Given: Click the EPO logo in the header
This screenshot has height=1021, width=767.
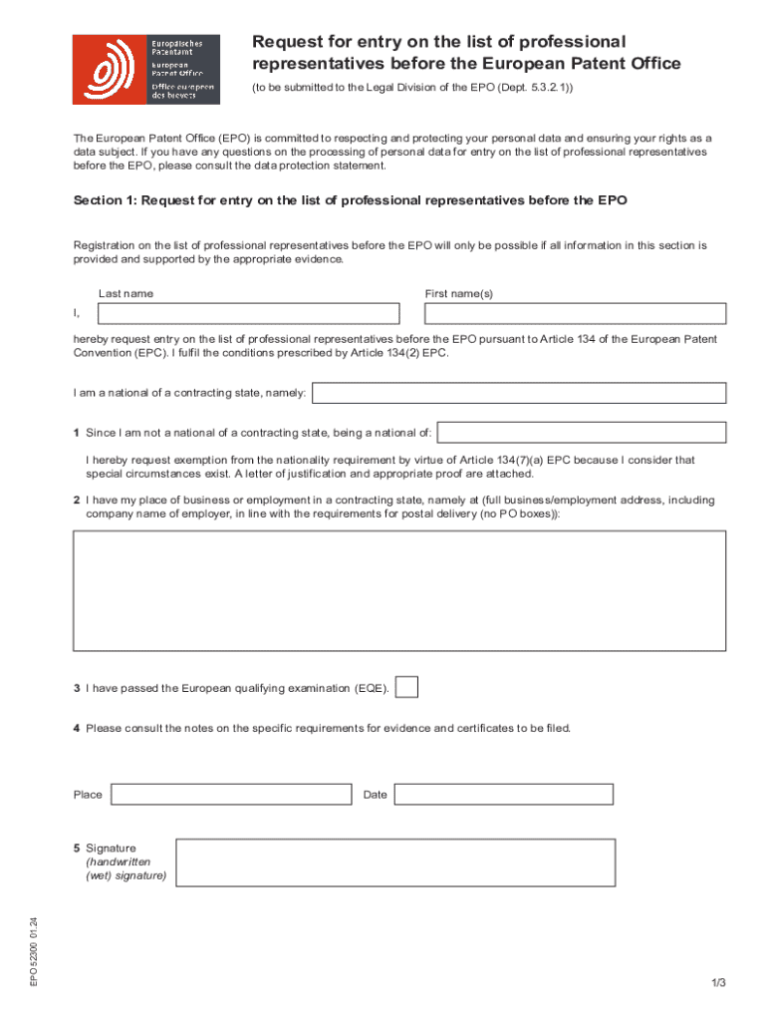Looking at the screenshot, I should coord(145,69).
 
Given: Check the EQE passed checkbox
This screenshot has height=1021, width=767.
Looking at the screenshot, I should coord(406,688).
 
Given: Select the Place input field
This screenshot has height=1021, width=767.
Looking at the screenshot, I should coord(231,795).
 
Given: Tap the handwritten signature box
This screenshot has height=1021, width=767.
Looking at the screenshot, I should coord(395,862).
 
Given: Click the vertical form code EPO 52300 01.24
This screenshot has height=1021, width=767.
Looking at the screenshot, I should coord(33,951).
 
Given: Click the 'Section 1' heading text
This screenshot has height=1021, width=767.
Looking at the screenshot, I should coord(350,200).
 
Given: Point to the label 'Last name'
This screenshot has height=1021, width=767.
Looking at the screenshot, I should coord(126,294).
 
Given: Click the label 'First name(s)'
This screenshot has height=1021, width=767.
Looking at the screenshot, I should coord(458,294).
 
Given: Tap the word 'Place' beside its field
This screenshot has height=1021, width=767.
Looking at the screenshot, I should coord(88,795).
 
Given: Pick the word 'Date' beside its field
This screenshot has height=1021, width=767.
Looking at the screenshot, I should coord(376,795).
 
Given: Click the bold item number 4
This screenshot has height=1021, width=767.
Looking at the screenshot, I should coord(76,728).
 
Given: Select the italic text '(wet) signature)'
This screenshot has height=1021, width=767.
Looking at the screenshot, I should coord(126,876).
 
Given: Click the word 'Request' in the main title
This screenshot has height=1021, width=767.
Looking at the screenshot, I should coord(286,42).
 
